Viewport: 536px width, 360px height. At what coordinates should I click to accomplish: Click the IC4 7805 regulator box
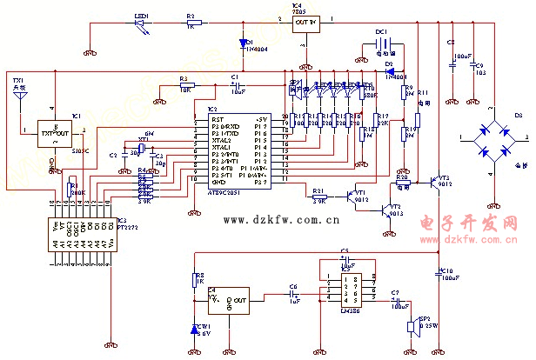tap(304, 23)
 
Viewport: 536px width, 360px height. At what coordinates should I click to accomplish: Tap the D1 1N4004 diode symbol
tap(243, 42)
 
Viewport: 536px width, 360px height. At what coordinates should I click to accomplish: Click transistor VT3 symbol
tap(433, 183)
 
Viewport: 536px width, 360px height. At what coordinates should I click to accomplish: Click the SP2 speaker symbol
tap(412, 326)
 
